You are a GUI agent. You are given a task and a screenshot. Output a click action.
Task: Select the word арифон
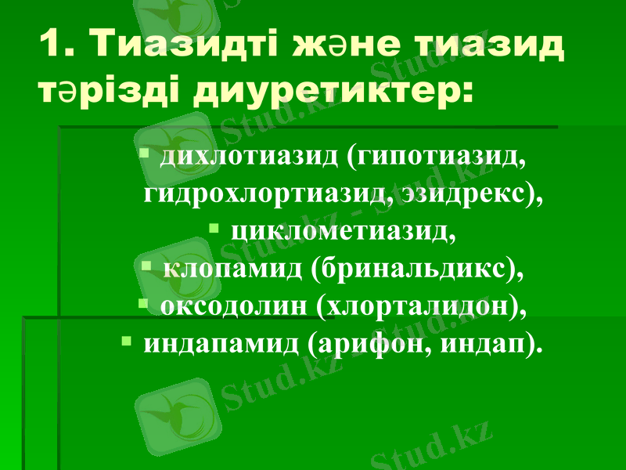(367, 344)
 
